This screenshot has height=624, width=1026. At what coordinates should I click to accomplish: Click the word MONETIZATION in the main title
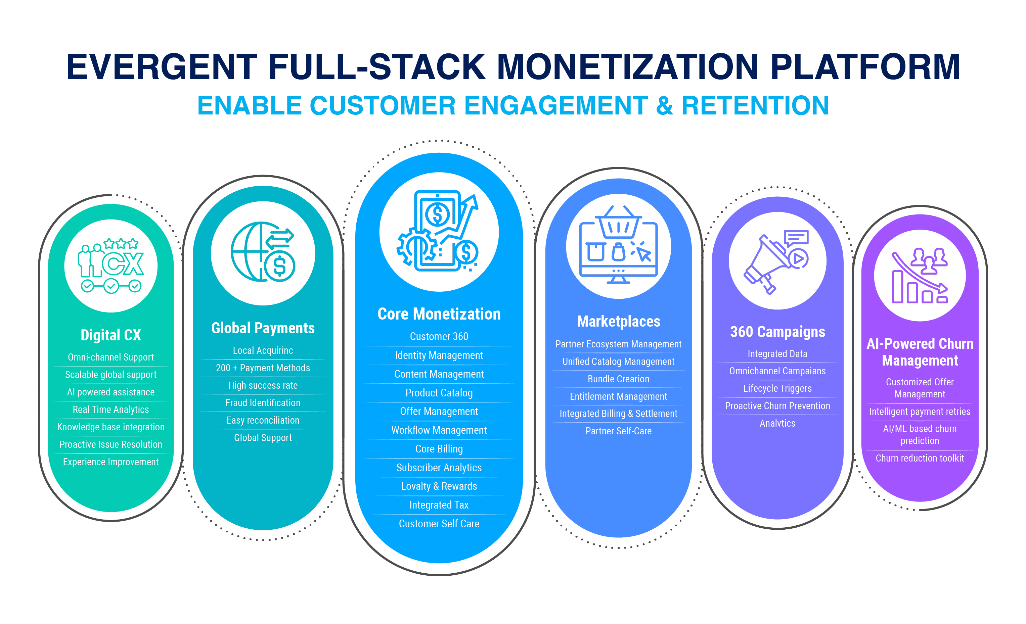(627, 66)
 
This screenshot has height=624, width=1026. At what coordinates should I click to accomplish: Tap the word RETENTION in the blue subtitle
(755, 106)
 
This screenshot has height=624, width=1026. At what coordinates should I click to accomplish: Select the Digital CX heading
(111, 335)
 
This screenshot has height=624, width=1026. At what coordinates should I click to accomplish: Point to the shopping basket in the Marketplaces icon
(618, 222)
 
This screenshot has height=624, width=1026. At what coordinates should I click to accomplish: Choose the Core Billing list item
(439, 449)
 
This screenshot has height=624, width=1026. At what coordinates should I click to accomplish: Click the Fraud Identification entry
(263, 403)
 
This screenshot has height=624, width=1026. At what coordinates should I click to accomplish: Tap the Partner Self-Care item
(618, 431)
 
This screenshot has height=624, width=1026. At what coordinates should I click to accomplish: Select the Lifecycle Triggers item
(777, 389)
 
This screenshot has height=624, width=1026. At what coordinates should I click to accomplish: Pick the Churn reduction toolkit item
(920, 458)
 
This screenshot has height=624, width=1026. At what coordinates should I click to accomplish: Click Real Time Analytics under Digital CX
(111, 410)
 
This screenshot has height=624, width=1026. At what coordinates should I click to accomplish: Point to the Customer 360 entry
(439, 336)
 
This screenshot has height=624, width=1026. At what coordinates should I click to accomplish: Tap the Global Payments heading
(263, 328)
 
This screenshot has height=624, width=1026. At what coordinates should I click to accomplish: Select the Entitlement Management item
(618, 397)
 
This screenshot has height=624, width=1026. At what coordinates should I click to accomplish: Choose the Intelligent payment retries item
(920, 412)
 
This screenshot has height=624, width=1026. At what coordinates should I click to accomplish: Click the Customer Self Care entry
(439, 524)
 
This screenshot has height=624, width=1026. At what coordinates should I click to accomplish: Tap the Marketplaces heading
(618, 321)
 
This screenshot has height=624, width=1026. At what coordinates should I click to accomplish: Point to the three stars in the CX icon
(121, 243)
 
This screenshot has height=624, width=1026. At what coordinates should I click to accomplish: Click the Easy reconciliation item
(263, 421)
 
